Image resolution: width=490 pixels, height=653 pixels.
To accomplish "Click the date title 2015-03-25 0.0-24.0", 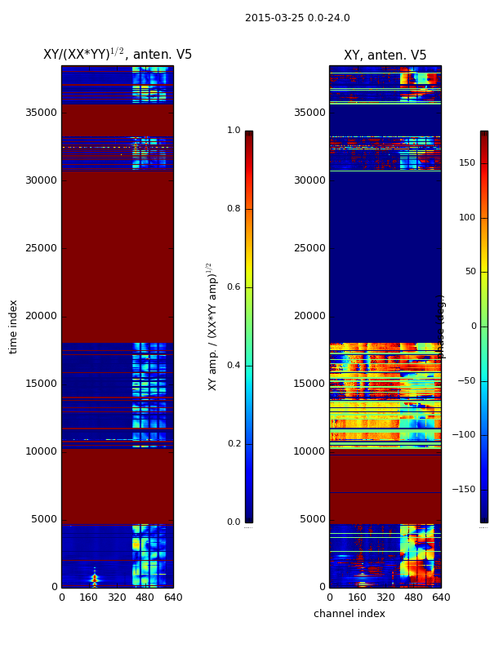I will (x=297, y=18).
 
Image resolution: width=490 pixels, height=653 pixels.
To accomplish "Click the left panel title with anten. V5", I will (x=118, y=55).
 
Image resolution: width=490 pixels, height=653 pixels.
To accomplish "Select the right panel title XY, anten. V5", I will (x=385, y=56).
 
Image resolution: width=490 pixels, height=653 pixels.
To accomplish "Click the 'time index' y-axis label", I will (x=13, y=326).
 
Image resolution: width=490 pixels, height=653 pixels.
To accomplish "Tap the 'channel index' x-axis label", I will (x=349, y=614).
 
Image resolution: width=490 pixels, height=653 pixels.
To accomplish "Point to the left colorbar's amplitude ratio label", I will (x=212, y=326).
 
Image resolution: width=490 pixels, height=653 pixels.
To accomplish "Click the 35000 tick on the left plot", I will (x=41, y=113).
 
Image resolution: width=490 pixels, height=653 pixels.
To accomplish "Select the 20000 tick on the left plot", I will (x=41, y=316).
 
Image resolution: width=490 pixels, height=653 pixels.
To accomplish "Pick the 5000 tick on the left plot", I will (x=44, y=519).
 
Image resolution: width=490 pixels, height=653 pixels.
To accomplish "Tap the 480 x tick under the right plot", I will (x=413, y=597).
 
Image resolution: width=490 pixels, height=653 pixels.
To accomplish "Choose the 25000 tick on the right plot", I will (x=309, y=248).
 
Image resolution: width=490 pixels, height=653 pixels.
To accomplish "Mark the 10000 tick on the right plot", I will (x=309, y=451).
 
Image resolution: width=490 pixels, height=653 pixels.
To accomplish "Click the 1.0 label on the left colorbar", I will (x=234, y=131).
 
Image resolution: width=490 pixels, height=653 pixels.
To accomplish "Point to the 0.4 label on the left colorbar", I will (x=234, y=366).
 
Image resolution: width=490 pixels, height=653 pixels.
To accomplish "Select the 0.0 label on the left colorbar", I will (x=234, y=522).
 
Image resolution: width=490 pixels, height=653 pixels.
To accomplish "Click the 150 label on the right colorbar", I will (x=467, y=163).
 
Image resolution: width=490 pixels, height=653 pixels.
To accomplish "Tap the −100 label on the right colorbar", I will (x=463, y=435).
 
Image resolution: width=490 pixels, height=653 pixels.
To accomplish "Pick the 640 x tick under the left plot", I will (x=173, y=597).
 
